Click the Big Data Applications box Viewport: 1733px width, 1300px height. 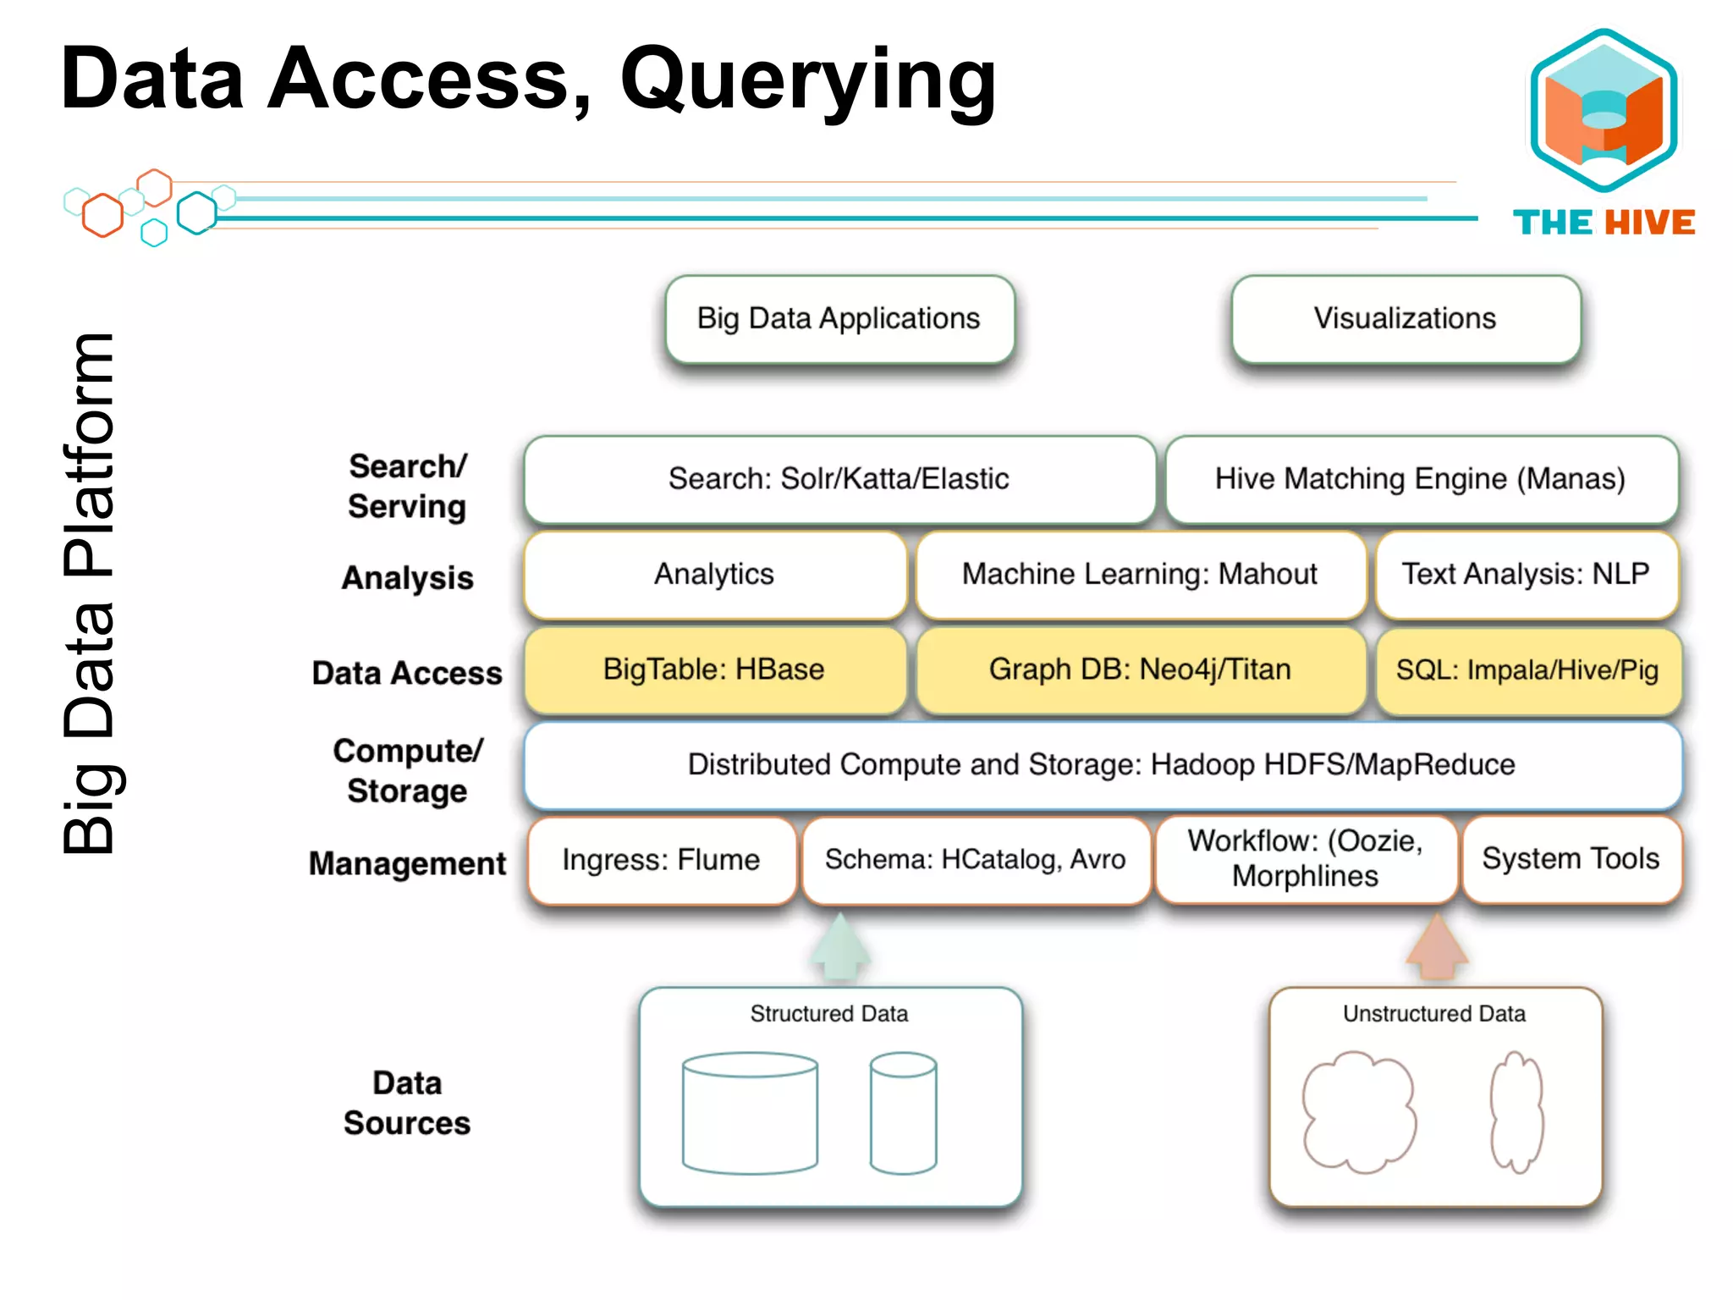839,319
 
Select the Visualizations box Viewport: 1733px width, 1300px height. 1406,319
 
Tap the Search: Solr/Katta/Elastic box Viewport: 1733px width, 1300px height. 839,479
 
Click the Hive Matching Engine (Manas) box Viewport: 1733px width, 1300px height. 1421,479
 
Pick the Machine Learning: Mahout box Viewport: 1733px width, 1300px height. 1140,575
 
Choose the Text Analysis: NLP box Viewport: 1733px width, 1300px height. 1526,575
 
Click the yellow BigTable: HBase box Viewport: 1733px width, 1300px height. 714,669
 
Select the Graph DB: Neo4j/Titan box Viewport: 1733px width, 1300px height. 1140,669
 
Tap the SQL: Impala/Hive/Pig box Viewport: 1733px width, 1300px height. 1527,670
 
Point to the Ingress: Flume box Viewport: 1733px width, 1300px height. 661,860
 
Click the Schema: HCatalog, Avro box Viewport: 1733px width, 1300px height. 975,860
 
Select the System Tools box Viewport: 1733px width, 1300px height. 1571,859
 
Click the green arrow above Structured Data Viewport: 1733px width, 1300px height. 839,948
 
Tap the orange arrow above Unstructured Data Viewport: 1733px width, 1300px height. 1437,948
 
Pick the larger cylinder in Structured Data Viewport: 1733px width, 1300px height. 750,1114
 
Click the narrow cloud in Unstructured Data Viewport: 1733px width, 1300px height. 1517,1112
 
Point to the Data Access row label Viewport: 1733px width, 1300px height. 406,674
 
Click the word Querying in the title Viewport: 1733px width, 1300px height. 808,80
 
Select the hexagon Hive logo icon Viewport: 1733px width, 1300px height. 1604,110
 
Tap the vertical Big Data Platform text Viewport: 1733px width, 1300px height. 89,592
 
